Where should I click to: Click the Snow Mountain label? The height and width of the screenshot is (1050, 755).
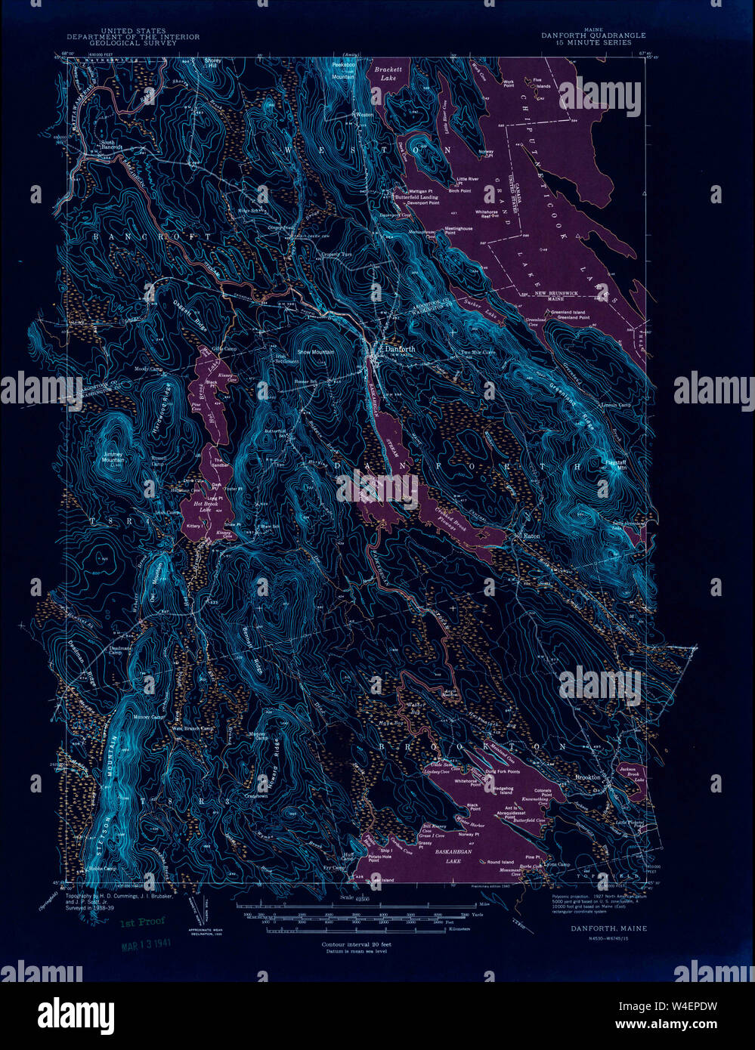pos(315,352)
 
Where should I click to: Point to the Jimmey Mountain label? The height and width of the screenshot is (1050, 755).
pos(113,456)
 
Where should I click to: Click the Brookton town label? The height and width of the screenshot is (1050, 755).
pos(587,777)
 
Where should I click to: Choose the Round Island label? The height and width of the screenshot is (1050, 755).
pos(500,862)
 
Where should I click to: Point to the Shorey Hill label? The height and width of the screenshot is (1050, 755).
pos(215,63)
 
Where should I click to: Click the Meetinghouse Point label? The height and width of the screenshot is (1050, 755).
pos(458,230)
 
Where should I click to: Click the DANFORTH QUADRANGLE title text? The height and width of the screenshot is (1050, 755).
pos(593,36)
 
